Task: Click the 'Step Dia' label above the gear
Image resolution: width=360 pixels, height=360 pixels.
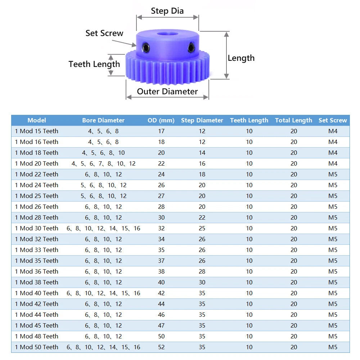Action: (x=167, y=11)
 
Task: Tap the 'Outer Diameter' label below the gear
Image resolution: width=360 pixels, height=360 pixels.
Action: (x=167, y=91)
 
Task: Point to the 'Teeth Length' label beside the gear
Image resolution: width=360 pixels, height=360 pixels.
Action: (x=94, y=64)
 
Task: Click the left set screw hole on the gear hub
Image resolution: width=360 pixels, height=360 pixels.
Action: (x=146, y=48)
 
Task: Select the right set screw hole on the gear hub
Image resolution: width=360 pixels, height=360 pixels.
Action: (x=191, y=48)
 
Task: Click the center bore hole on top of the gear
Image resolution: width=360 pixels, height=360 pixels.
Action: (x=168, y=34)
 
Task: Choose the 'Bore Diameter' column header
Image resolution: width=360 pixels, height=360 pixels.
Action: (x=103, y=120)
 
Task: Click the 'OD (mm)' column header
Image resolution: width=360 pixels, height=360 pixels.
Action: (x=161, y=120)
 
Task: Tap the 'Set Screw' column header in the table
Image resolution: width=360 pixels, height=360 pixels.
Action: (x=333, y=120)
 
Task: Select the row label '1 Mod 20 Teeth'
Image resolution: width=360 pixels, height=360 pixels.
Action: (x=37, y=163)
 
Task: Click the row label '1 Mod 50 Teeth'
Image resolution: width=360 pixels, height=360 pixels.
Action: (x=37, y=347)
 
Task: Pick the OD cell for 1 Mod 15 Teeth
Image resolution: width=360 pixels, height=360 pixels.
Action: (x=161, y=131)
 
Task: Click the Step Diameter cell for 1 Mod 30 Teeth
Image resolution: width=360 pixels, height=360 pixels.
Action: (x=202, y=228)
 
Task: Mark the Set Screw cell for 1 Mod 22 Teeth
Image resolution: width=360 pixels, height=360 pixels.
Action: (x=333, y=174)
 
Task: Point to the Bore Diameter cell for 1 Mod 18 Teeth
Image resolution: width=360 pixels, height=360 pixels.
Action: (x=103, y=153)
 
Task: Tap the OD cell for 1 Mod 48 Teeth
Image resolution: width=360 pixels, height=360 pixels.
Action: (x=161, y=336)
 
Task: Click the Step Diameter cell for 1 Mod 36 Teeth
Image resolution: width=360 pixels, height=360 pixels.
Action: (x=202, y=271)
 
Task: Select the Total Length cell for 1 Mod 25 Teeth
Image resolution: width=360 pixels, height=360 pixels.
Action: (x=294, y=196)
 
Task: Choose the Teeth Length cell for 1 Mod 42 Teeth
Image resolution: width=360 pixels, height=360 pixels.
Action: (x=249, y=304)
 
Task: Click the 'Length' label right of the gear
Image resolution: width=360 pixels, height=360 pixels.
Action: (x=241, y=58)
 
